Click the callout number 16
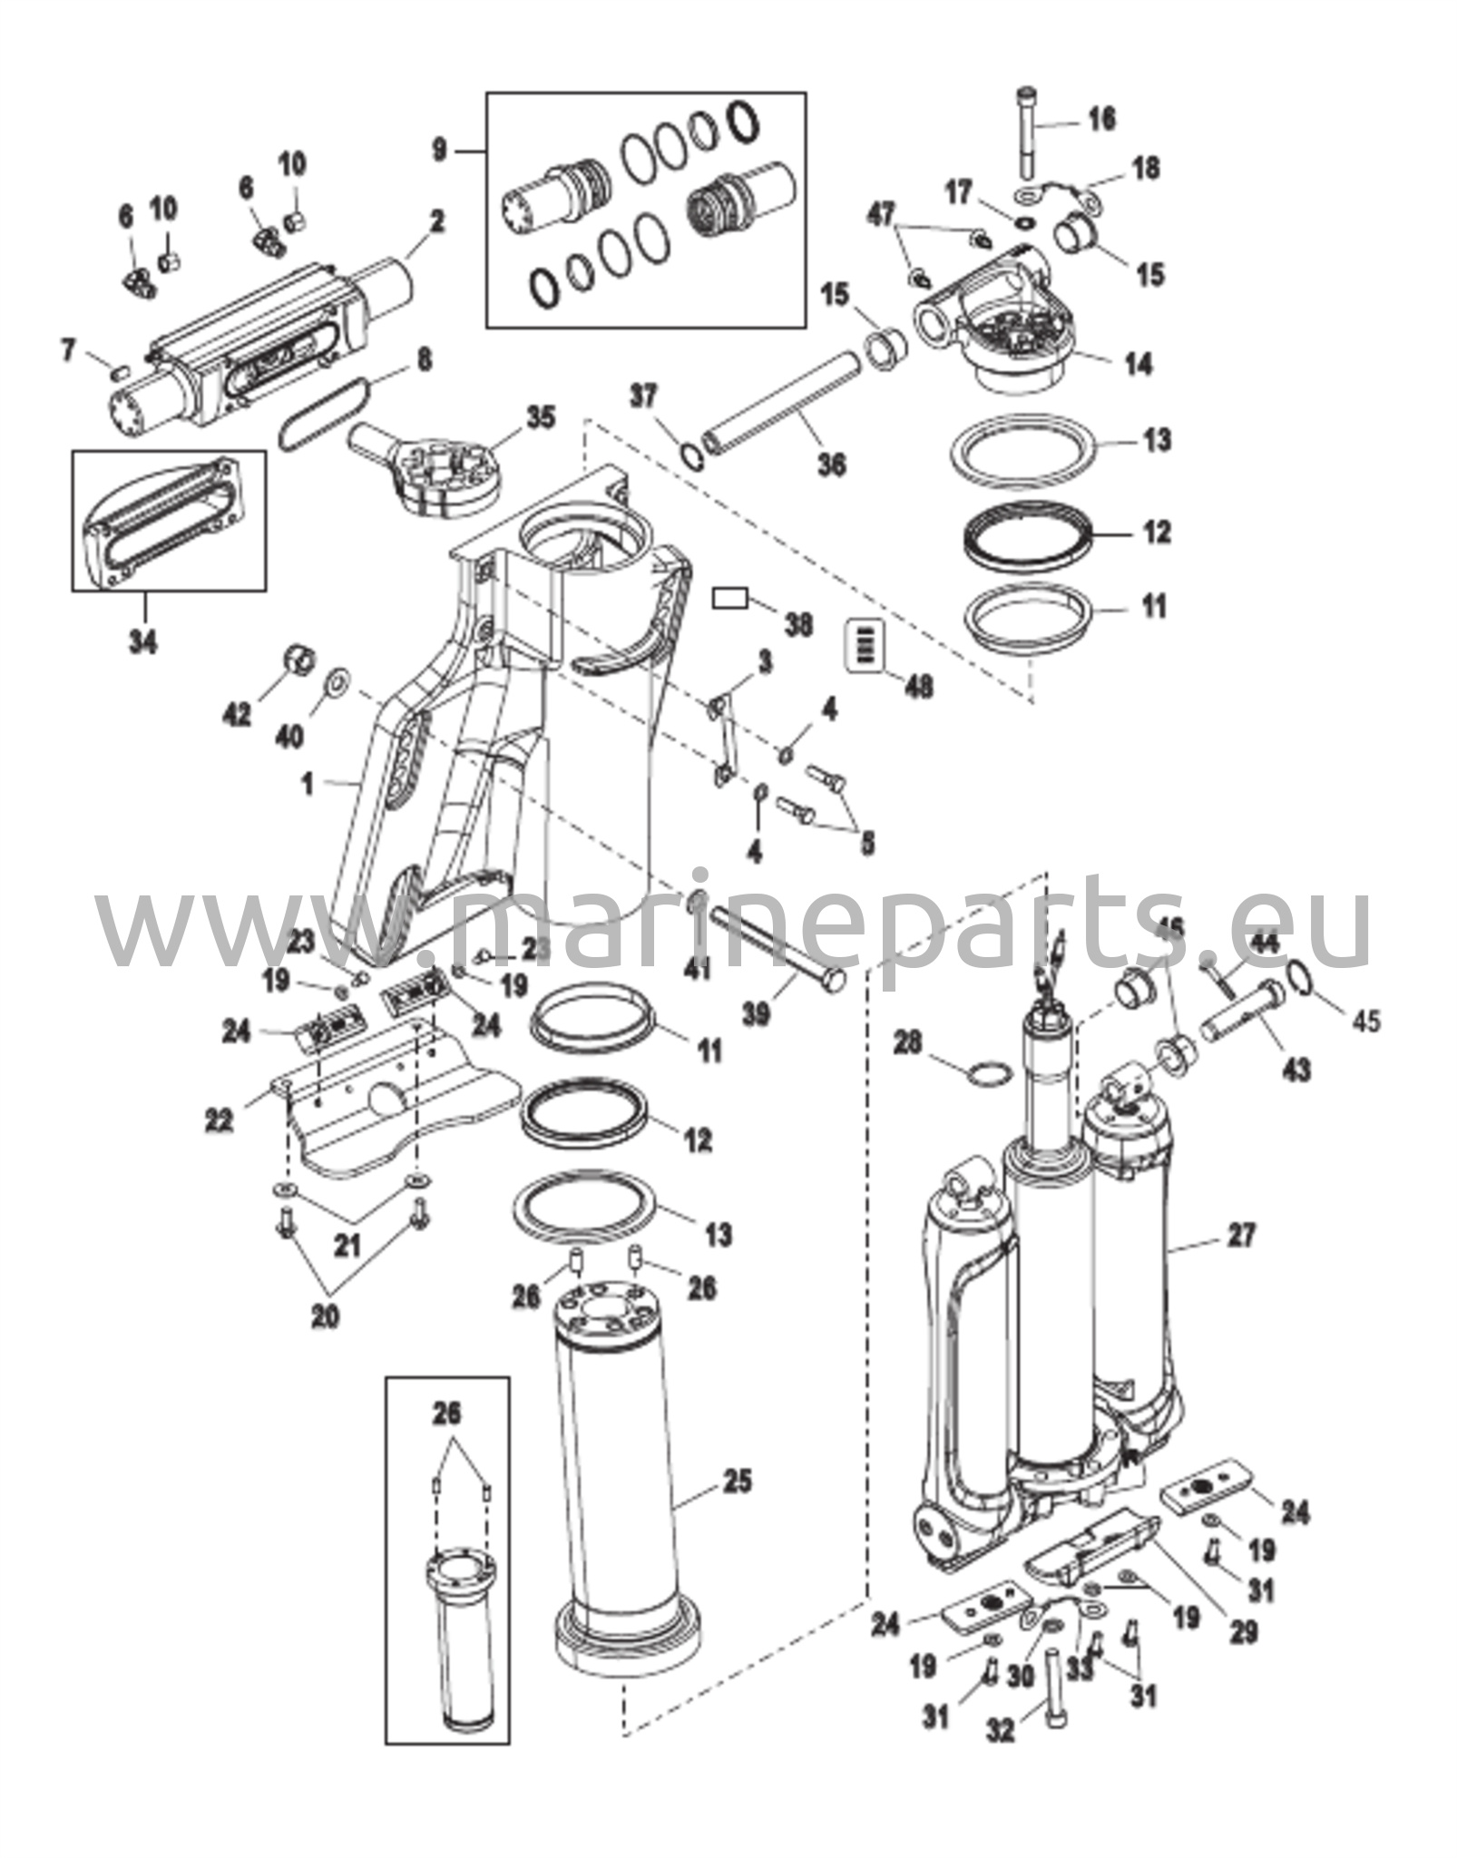pyautogui.click(x=1101, y=120)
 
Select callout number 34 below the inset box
pyautogui.click(x=142, y=642)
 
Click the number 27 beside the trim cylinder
pyautogui.click(x=1242, y=1235)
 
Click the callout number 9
pyautogui.click(x=439, y=149)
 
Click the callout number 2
pyautogui.click(x=436, y=221)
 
